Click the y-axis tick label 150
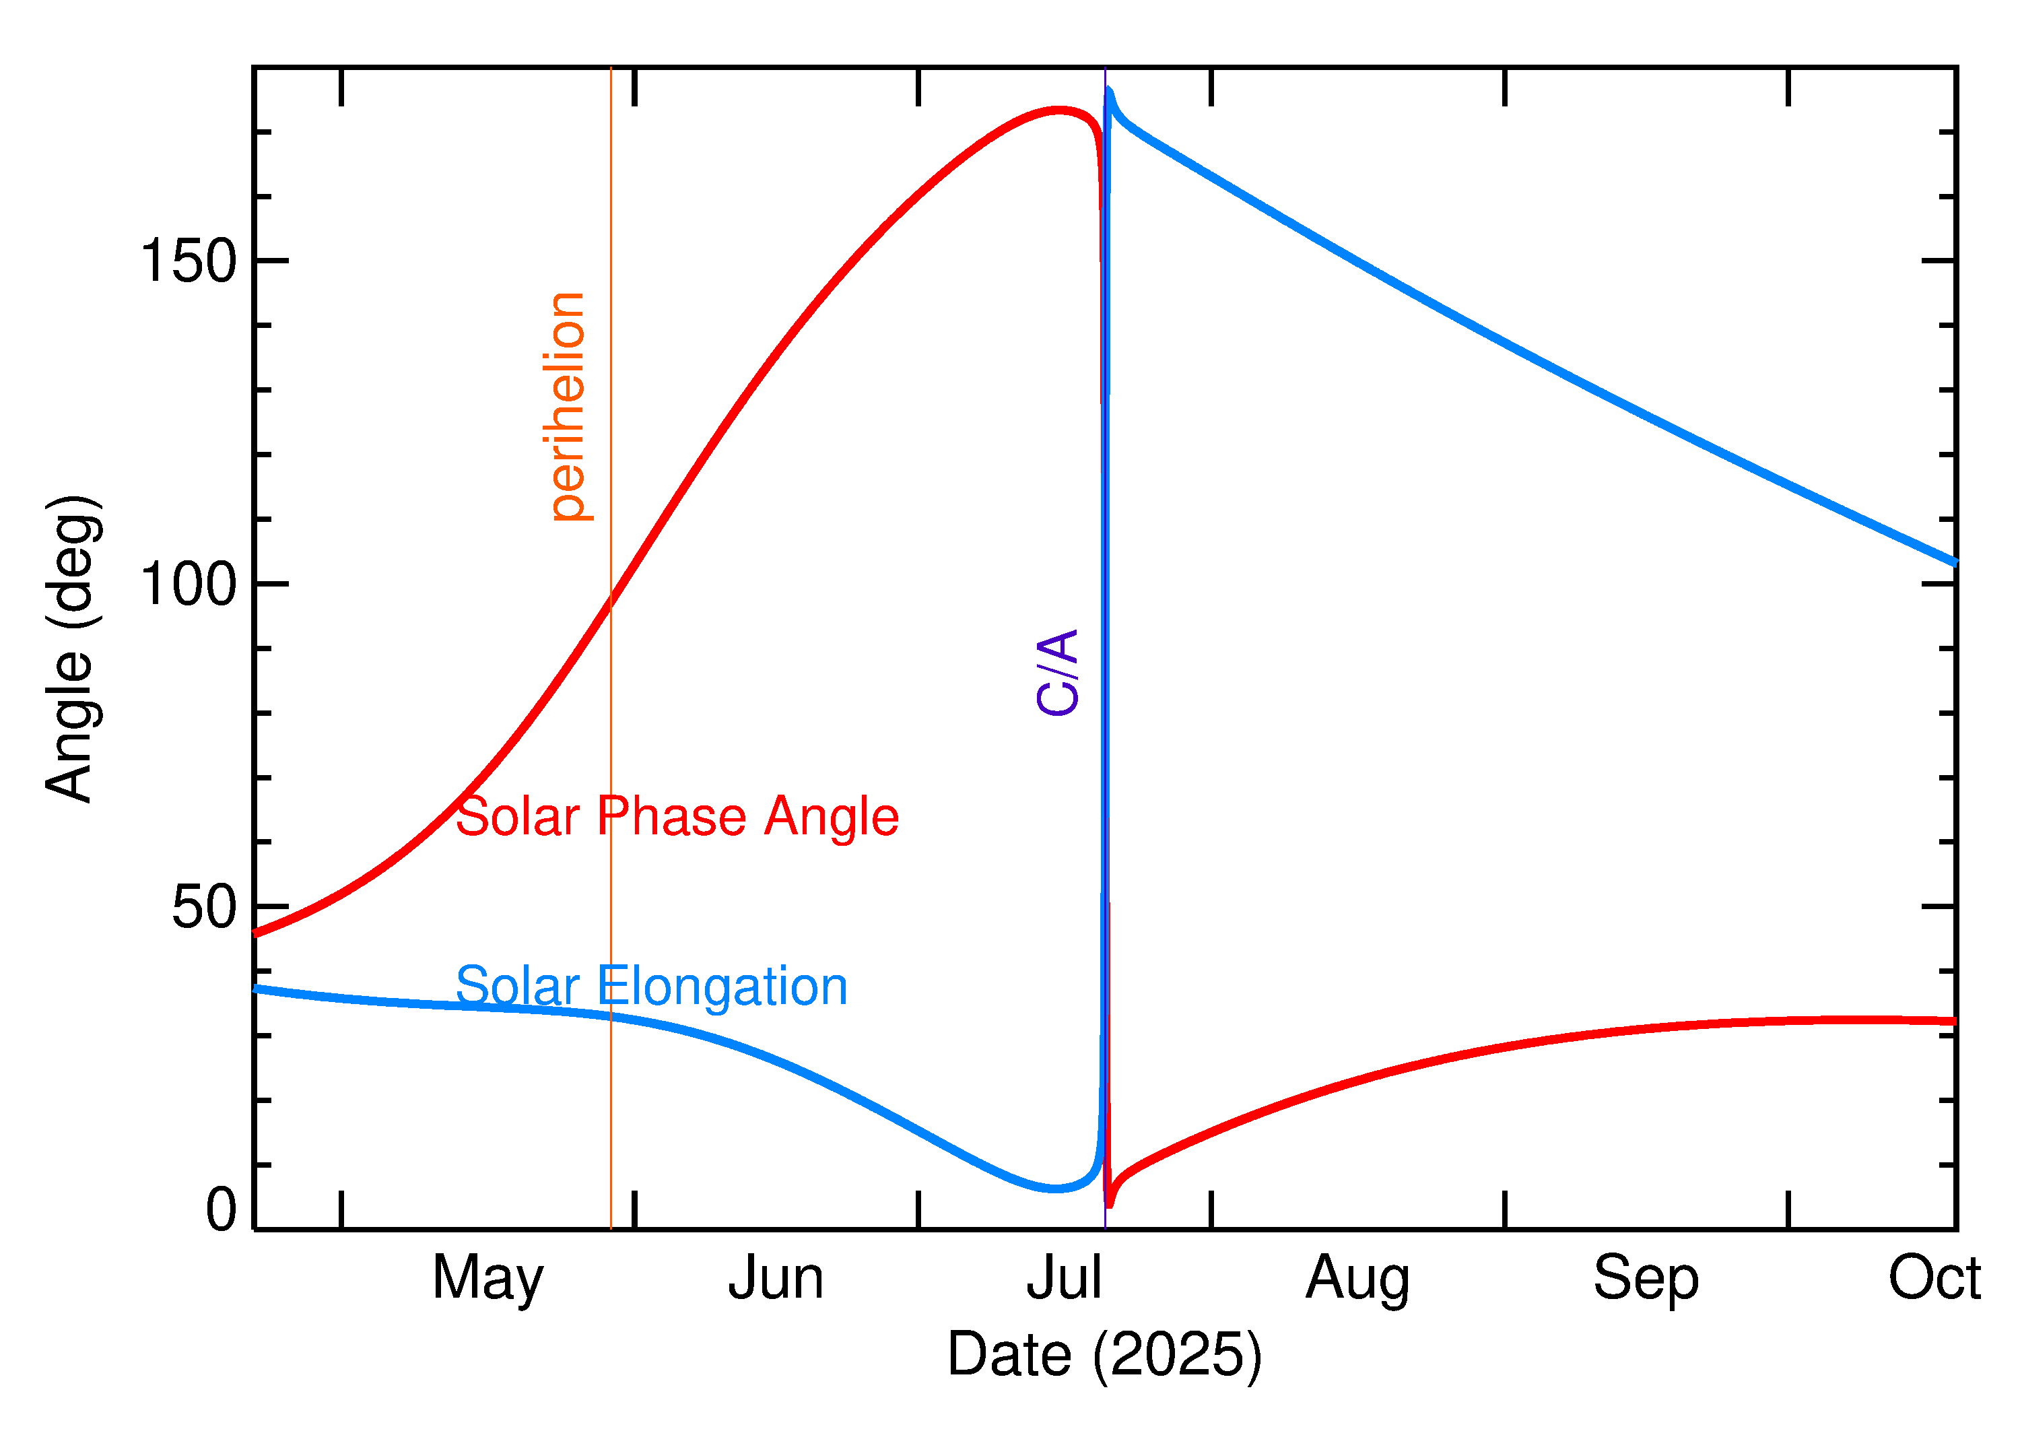click(189, 262)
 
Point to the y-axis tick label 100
click(189, 585)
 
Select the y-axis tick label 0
click(221, 1210)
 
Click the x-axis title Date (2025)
click(1104, 1354)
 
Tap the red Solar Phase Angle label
click(677, 816)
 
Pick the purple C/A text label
click(1057, 672)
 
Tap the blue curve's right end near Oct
click(1954, 562)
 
